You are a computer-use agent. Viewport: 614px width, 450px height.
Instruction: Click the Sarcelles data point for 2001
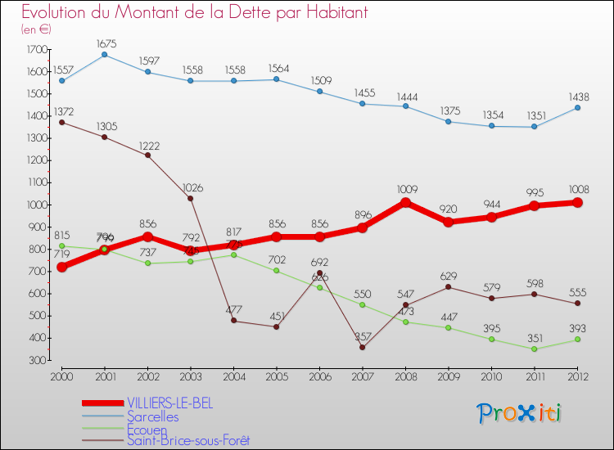(105, 55)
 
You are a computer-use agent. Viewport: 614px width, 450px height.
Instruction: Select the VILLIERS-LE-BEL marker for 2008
(405, 203)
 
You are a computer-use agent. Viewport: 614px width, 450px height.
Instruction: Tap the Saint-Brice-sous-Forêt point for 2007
(363, 347)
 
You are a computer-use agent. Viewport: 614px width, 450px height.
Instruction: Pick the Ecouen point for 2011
(535, 349)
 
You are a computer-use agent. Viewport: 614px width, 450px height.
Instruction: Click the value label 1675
(105, 43)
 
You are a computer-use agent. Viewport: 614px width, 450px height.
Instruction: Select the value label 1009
(405, 189)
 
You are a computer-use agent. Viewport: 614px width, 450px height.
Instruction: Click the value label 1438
(577, 96)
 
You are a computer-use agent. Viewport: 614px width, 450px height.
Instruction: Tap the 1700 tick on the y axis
(37, 50)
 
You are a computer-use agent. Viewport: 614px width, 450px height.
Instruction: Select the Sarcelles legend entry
(153, 417)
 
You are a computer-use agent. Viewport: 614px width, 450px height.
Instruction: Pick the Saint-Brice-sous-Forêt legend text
(187, 441)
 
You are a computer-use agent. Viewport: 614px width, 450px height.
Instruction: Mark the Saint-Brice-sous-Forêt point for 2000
(62, 122)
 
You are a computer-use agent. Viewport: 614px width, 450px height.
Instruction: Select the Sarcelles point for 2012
(577, 107)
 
